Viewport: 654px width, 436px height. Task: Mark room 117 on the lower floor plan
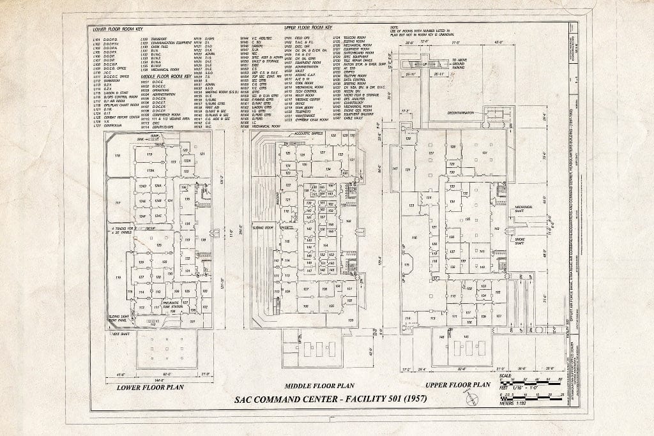(118, 203)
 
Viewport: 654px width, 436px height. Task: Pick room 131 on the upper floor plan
(484, 153)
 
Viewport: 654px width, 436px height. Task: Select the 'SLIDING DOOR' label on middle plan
(263, 227)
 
